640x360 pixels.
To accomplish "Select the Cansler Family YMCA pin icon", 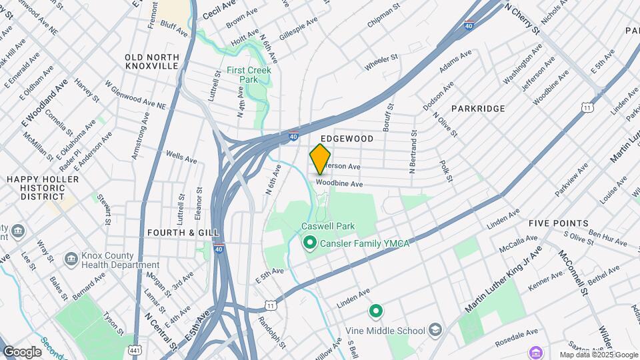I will pos(309,243).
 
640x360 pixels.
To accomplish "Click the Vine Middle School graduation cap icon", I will pos(435,330).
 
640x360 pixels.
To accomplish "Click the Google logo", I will pos(22,352).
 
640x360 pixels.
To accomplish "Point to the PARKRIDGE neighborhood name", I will pos(478,108).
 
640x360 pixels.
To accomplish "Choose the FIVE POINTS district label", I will pos(558,223).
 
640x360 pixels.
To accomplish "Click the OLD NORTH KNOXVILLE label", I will pos(152,62).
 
